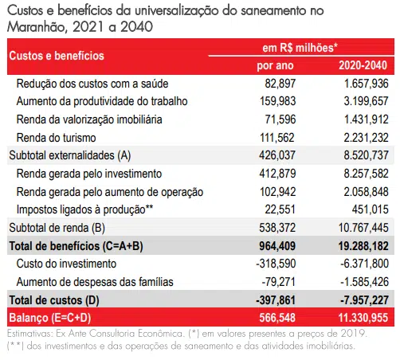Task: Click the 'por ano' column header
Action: click(x=275, y=65)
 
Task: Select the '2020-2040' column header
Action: click(x=363, y=65)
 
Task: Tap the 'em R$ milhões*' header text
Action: click(x=300, y=48)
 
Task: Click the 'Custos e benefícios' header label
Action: click(x=57, y=56)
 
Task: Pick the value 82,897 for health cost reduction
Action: click(x=280, y=84)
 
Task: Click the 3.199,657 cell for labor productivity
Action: click(x=366, y=101)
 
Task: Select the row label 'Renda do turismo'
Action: click(x=56, y=138)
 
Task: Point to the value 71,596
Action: click(x=280, y=119)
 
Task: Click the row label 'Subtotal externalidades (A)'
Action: click(x=70, y=155)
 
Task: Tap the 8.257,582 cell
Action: click(x=366, y=174)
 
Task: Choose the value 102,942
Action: click(x=277, y=192)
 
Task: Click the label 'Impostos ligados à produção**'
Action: click(x=84, y=209)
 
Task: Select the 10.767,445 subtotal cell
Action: click(x=363, y=228)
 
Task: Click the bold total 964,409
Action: click(x=277, y=246)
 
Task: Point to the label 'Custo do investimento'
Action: click(x=66, y=264)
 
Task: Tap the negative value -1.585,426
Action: click(x=364, y=282)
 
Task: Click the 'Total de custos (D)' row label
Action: click(x=54, y=300)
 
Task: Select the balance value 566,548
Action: click(x=277, y=318)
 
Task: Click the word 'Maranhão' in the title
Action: click(x=37, y=27)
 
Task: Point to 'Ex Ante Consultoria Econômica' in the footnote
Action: click(x=120, y=334)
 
